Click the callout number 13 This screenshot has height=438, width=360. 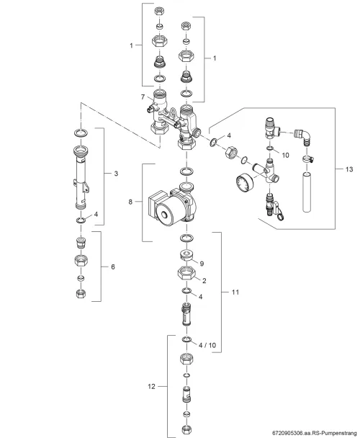click(349, 169)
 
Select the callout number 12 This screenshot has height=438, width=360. click(151, 387)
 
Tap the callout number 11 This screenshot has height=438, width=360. click(235, 292)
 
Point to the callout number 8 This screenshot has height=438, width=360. click(130, 202)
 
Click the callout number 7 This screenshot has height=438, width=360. click(143, 97)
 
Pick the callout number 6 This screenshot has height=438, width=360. click(113, 267)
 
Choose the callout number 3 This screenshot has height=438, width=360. click(116, 174)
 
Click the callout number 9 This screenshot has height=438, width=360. click(202, 264)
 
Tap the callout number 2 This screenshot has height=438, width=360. click(204, 281)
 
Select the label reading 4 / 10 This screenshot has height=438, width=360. click(207, 345)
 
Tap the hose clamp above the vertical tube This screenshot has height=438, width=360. click(307, 159)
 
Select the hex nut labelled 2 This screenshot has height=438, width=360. click(186, 272)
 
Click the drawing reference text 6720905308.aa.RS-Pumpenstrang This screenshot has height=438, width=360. click(315, 433)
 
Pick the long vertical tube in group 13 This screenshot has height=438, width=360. click(307, 192)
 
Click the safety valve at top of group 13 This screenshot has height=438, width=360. click(272, 128)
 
